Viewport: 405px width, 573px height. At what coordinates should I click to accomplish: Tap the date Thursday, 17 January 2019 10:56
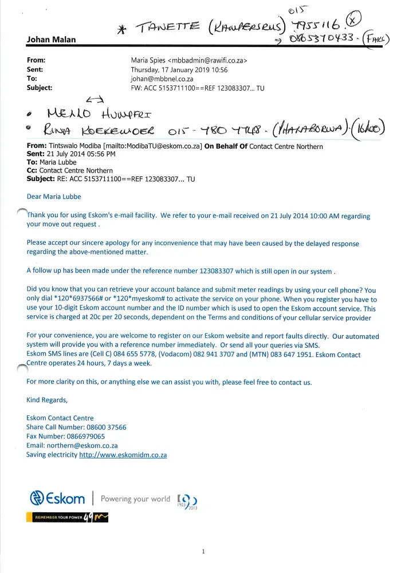coord(179,69)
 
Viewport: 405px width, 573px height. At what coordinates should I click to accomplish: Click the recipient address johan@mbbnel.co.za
coord(162,79)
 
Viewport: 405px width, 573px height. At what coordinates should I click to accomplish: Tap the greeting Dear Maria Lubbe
coord(54,197)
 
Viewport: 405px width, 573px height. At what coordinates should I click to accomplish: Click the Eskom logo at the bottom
coord(57,498)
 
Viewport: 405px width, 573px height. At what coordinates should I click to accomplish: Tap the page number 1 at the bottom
coord(203,552)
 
